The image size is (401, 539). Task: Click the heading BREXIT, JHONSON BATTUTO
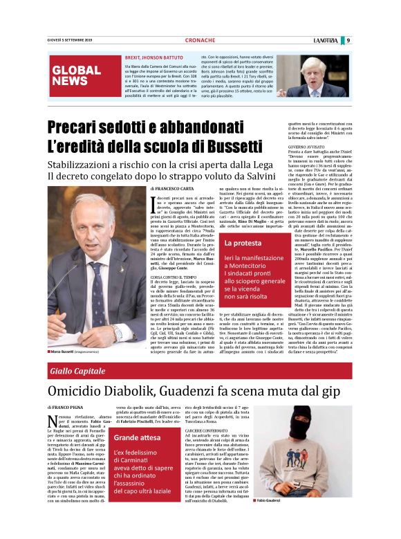153,58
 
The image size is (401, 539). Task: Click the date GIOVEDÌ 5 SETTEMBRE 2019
70,40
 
